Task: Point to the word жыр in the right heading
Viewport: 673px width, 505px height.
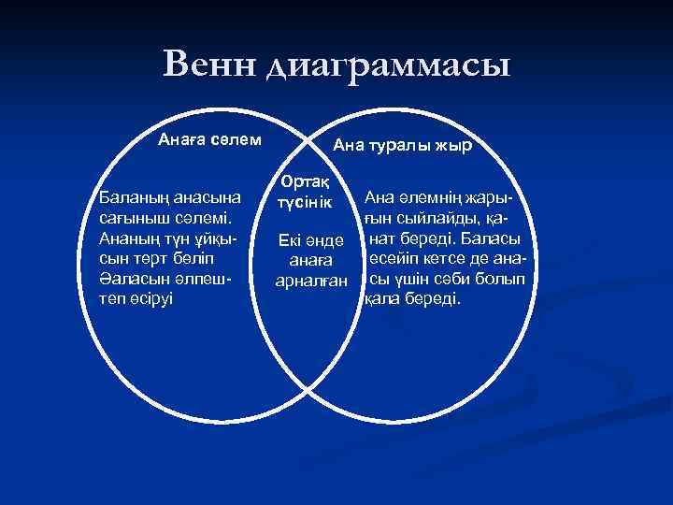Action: (457, 147)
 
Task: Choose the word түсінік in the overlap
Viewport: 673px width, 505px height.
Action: (305, 201)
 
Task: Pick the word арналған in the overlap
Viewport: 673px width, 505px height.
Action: (310, 280)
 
